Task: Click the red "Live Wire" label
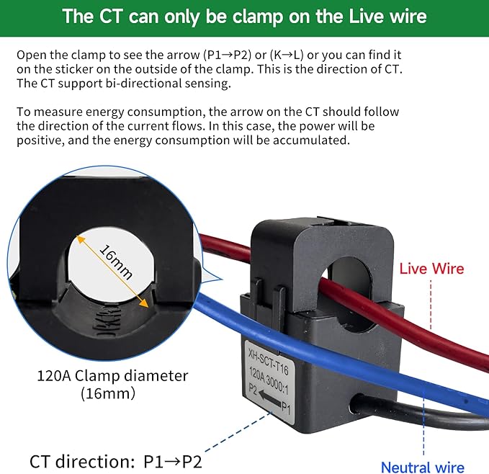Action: coord(431,269)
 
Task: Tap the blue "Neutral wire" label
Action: coord(423,467)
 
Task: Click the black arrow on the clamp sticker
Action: coord(269,398)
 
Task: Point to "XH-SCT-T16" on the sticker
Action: coord(268,362)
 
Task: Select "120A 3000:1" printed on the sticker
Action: coord(269,380)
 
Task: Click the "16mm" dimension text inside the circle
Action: coord(116,262)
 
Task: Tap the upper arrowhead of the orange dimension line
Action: coord(81,240)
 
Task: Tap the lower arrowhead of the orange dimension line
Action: coord(144,303)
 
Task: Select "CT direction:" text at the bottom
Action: coord(82,462)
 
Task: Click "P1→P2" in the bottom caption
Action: coord(172,462)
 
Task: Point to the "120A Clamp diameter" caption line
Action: coord(112,375)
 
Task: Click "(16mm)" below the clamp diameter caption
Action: coord(108,393)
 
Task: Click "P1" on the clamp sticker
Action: coord(286,408)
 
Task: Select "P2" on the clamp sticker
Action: coord(253,388)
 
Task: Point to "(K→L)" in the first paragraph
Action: coord(287,55)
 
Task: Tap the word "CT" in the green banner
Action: coord(110,16)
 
